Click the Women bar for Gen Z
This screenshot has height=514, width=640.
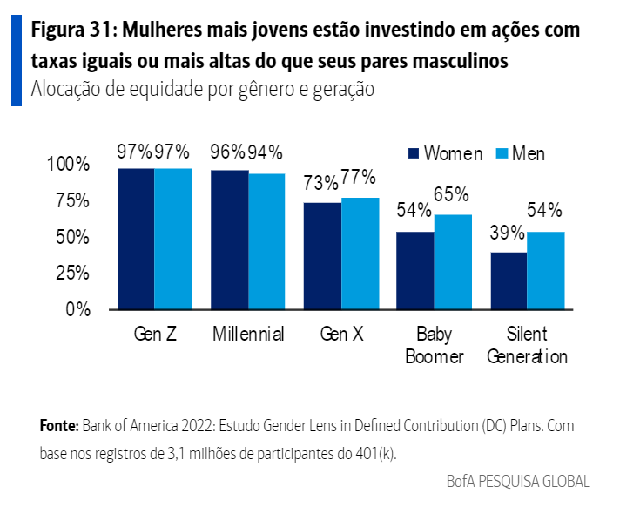tap(136, 239)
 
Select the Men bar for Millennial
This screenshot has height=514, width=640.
tap(266, 241)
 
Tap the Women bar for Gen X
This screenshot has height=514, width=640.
tap(322, 256)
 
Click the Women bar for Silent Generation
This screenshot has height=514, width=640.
tap(509, 281)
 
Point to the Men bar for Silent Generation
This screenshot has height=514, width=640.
tap(546, 270)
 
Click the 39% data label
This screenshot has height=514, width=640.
tap(507, 233)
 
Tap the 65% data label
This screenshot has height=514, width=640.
tap(451, 194)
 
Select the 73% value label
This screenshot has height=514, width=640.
tap(321, 183)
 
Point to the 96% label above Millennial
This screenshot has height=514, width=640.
tap(228, 152)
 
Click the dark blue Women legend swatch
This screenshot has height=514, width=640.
tap(414, 154)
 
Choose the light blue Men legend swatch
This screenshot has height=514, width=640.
tap(501, 154)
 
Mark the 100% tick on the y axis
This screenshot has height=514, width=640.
tap(68, 165)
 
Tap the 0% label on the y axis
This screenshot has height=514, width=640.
tap(77, 309)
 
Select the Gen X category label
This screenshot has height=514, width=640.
tap(341, 335)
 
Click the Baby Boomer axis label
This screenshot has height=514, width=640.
tap(434, 345)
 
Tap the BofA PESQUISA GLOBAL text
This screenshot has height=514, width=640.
tap(517, 481)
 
